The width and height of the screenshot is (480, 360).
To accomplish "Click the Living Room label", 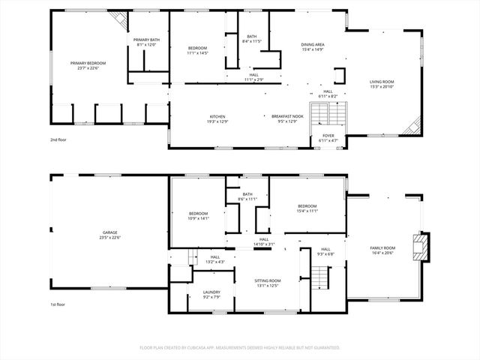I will click(381, 82).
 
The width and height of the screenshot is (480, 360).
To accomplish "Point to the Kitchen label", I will click(217, 117).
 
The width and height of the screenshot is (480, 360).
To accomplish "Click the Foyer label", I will click(328, 136).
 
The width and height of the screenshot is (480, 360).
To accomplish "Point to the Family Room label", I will click(382, 248).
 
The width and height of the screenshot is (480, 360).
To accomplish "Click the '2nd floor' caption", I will click(58, 140).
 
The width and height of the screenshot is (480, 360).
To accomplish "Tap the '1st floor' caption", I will click(58, 304).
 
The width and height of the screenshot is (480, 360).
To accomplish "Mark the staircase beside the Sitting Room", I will click(320, 279).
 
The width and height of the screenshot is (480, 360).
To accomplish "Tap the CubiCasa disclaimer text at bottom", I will click(240, 348).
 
